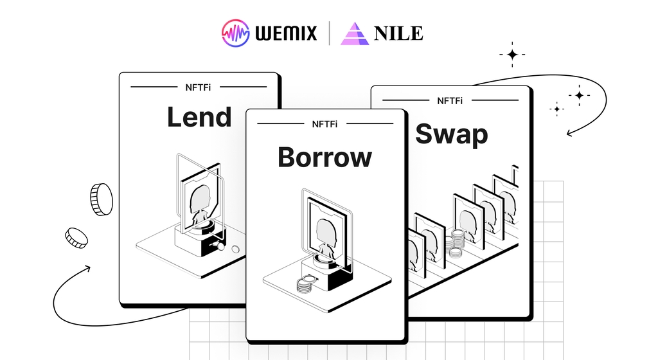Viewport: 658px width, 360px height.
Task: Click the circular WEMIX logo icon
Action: pyautogui.click(x=236, y=33)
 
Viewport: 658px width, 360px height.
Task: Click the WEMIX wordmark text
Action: pyautogui.click(x=286, y=33)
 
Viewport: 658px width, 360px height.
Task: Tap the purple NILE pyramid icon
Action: pyautogui.click(x=355, y=33)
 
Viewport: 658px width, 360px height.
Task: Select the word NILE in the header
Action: pyautogui.click(x=398, y=33)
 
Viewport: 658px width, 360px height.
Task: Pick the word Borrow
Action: pyautogui.click(x=325, y=157)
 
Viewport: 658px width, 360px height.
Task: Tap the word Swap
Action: pyautogui.click(x=452, y=134)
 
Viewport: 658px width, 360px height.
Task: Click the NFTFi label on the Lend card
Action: pyautogui.click(x=198, y=87)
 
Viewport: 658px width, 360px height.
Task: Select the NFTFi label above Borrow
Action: pyautogui.click(x=325, y=124)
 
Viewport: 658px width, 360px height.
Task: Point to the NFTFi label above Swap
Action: pyautogui.click(x=450, y=101)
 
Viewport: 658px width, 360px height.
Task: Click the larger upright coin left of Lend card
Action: pyautogui.click(x=102, y=199)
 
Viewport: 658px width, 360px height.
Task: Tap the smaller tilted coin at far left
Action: pyautogui.click(x=76, y=238)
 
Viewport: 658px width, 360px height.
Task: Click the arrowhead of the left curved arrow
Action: pyautogui.click(x=87, y=268)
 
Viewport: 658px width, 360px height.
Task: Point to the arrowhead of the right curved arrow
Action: pyautogui.click(x=569, y=134)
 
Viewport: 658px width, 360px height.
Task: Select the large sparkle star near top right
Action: pyautogui.click(x=512, y=55)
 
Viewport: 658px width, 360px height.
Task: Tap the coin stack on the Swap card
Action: pyautogui.click(x=456, y=243)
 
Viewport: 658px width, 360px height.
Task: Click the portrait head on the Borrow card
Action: pyautogui.click(x=326, y=231)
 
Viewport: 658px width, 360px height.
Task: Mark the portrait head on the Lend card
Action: pyautogui.click(x=200, y=199)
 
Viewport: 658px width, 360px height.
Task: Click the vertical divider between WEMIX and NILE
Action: pyautogui.click(x=329, y=33)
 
